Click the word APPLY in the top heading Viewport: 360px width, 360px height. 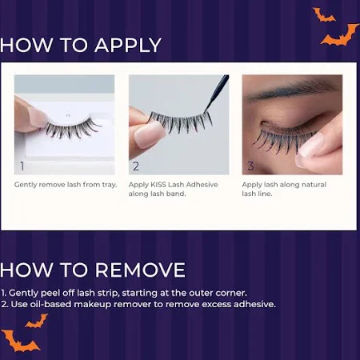(x=128, y=45)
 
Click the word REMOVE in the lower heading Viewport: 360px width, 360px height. (x=140, y=270)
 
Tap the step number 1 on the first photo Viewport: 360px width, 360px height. (x=22, y=166)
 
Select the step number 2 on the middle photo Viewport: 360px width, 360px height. (x=136, y=166)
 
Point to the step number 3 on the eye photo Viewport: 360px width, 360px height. (x=250, y=166)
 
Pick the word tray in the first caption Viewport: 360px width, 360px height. (x=110, y=185)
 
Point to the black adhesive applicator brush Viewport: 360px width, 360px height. (x=217, y=93)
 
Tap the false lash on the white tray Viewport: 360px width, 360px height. (x=71, y=129)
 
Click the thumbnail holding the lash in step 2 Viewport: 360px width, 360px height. (x=148, y=135)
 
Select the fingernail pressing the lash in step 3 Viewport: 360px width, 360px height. (x=310, y=146)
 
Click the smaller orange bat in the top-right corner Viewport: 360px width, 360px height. (x=323, y=15)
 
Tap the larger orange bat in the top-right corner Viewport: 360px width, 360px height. (x=339, y=35)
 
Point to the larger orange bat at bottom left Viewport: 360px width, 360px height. (x=19, y=341)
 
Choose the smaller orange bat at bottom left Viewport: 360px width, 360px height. (x=37, y=321)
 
